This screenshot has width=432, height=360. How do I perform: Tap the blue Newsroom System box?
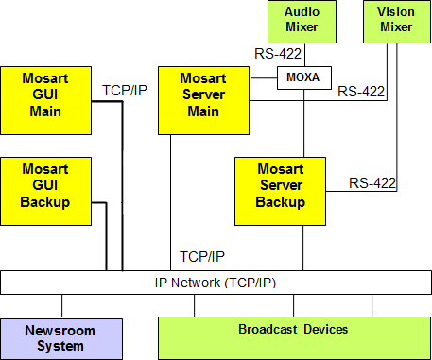point(61,338)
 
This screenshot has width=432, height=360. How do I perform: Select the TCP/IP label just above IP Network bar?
point(201,256)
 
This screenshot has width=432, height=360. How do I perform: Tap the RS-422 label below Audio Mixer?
point(276,53)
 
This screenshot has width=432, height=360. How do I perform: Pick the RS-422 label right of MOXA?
point(360,92)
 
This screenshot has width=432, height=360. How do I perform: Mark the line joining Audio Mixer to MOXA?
point(302,55)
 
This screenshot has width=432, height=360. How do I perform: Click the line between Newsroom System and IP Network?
point(61,306)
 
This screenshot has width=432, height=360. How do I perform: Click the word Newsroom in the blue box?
point(61,331)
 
